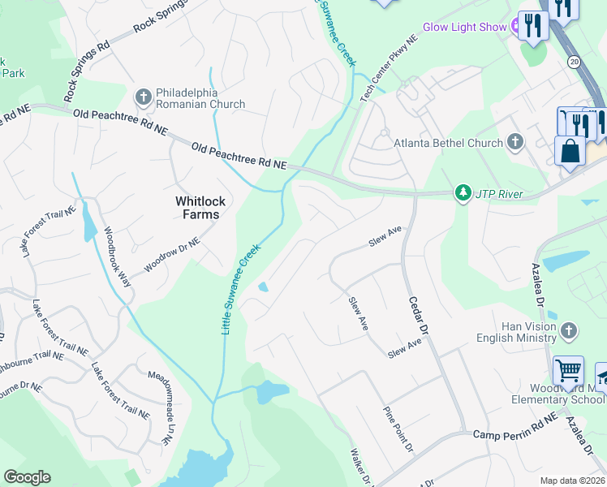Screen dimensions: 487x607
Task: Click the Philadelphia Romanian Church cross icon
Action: click(x=144, y=97)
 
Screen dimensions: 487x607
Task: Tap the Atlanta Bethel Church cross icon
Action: click(x=514, y=143)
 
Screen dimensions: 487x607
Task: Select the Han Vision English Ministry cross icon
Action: click(x=569, y=330)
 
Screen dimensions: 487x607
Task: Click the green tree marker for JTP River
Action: click(x=463, y=194)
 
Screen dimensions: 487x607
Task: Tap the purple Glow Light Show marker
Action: click(x=515, y=27)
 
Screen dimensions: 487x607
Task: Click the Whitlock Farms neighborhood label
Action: click(x=198, y=208)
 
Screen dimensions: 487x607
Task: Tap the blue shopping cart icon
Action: click(x=568, y=372)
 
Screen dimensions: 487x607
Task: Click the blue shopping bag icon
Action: click(x=570, y=151)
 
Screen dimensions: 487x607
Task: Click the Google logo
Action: click(x=28, y=477)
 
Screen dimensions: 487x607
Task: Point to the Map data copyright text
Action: click(x=572, y=481)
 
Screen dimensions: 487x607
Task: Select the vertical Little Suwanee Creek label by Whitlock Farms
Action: click(x=241, y=289)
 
